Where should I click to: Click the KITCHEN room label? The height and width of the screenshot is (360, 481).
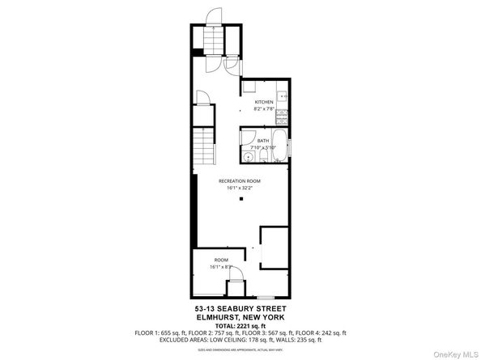point(265,102)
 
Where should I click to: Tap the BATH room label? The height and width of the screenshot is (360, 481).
point(263,141)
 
